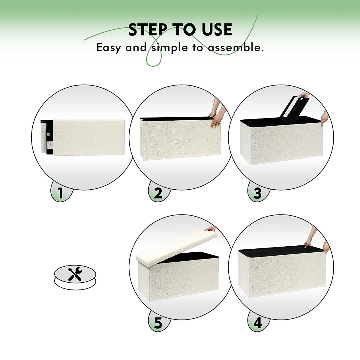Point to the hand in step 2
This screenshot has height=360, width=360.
click(x=217, y=112)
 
